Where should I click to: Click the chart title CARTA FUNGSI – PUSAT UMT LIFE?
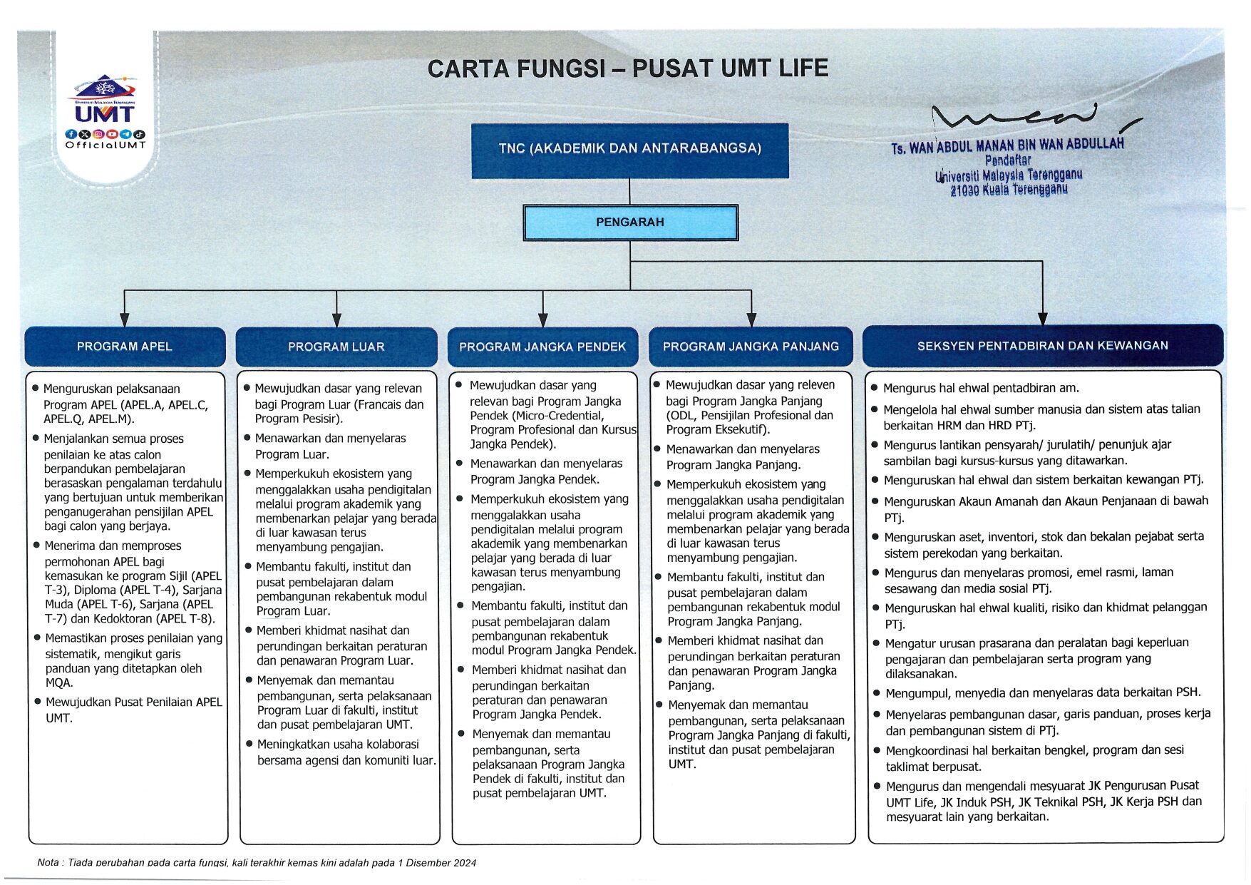tap(627, 68)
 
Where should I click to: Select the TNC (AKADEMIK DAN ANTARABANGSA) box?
tap(629, 149)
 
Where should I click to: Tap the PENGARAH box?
tap(629, 222)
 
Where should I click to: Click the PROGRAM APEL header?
tap(125, 347)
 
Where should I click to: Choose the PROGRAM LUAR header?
tap(336, 347)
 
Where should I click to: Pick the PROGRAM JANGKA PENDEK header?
tap(542, 347)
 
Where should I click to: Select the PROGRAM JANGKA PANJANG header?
tap(751, 347)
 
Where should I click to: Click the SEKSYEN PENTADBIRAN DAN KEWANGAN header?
tap(1042, 346)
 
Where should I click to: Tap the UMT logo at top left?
tap(105, 100)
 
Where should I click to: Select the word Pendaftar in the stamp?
tap(1008, 160)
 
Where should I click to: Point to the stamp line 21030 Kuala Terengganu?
tap(1009, 190)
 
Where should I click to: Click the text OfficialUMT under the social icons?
tap(105, 145)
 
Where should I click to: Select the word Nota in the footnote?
tap(48, 863)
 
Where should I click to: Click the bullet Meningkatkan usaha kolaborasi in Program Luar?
tap(346, 752)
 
